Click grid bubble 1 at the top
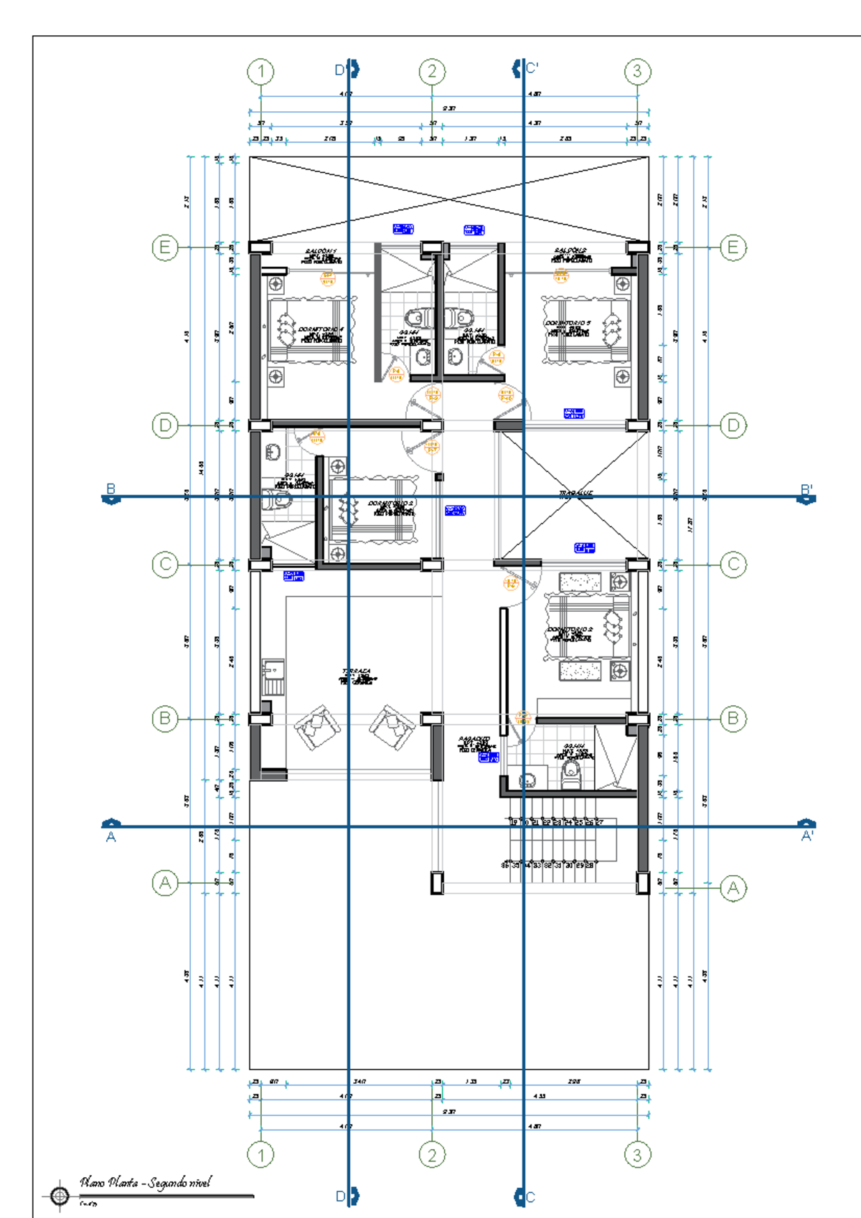260,72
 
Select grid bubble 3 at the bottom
637,1155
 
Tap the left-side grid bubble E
165,247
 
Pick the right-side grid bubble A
733,889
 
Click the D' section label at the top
342,70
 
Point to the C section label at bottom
530,1196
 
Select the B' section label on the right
806,490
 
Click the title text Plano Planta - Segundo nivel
146,1182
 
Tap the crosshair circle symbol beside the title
60,1196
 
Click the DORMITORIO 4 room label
321,329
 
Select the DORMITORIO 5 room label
568,324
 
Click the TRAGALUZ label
575,494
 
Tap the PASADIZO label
474,739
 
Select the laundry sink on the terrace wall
273,676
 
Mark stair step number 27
599,822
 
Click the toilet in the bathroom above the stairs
570,772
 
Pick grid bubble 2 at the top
432,72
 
